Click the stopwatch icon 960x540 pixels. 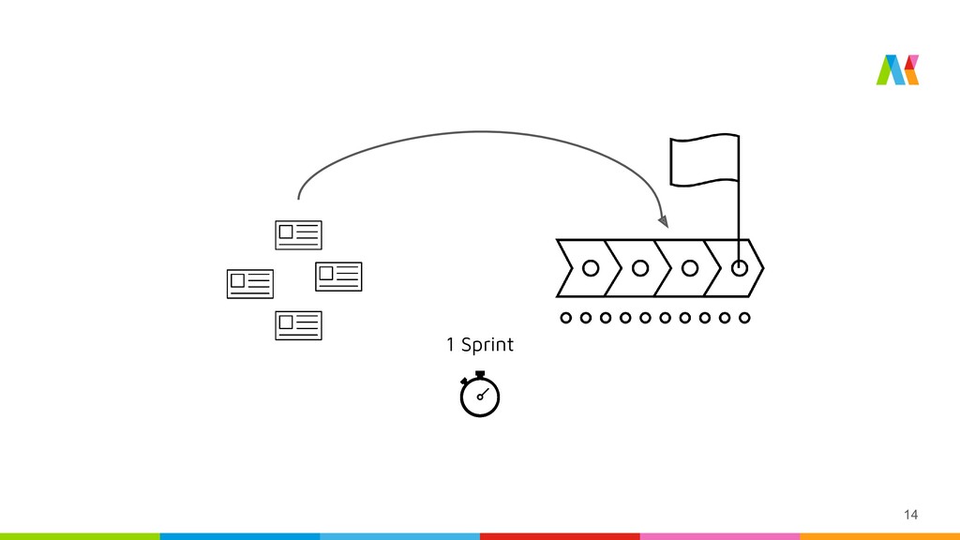point(480,396)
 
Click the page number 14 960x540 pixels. point(910,514)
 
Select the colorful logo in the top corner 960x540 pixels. point(897,70)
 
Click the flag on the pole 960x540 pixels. point(703,160)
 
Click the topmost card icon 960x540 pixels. point(298,234)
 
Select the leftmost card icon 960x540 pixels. point(250,283)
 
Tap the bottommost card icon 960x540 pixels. point(298,325)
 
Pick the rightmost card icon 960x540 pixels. point(338,276)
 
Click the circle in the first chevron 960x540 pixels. point(591,268)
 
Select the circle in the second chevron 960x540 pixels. point(640,268)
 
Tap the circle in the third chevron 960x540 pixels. point(690,268)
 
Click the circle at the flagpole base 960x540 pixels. point(740,268)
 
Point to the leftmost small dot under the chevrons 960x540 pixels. point(565,318)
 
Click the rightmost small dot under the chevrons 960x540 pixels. point(744,318)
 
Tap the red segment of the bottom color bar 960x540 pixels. point(560,536)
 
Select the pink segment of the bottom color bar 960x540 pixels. point(719,536)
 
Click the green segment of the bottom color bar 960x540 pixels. point(80,536)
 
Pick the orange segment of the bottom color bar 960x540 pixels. point(879,536)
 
